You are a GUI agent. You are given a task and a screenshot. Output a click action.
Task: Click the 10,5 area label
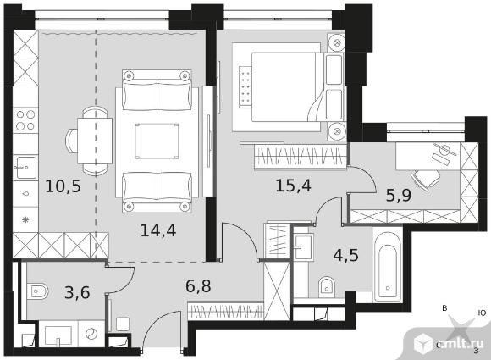point(63,186)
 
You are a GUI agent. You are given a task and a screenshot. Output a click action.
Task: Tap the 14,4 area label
point(158,230)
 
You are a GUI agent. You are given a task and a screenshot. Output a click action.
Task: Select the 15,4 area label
point(293,186)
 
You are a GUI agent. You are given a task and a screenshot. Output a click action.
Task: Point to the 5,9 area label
point(399,196)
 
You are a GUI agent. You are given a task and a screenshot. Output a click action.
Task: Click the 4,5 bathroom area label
point(346,255)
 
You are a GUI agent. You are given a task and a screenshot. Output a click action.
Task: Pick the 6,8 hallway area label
point(198,285)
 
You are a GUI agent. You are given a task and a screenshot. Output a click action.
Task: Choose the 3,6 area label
point(77,292)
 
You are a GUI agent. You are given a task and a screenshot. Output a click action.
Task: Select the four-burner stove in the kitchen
point(25,120)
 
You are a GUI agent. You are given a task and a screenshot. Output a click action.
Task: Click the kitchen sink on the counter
point(25,168)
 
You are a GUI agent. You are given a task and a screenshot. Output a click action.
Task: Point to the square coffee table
point(157,141)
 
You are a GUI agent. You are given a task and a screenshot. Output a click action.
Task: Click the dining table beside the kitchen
point(95,141)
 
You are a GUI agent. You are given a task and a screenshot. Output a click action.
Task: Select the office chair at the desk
point(426,180)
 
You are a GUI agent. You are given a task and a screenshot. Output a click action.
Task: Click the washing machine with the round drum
point(91,334)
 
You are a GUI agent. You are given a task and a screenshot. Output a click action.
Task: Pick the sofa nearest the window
point(157,91)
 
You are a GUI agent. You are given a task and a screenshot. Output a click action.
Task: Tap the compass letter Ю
point(482,313)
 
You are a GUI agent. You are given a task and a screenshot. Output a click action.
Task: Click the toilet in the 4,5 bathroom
point(327,287)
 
